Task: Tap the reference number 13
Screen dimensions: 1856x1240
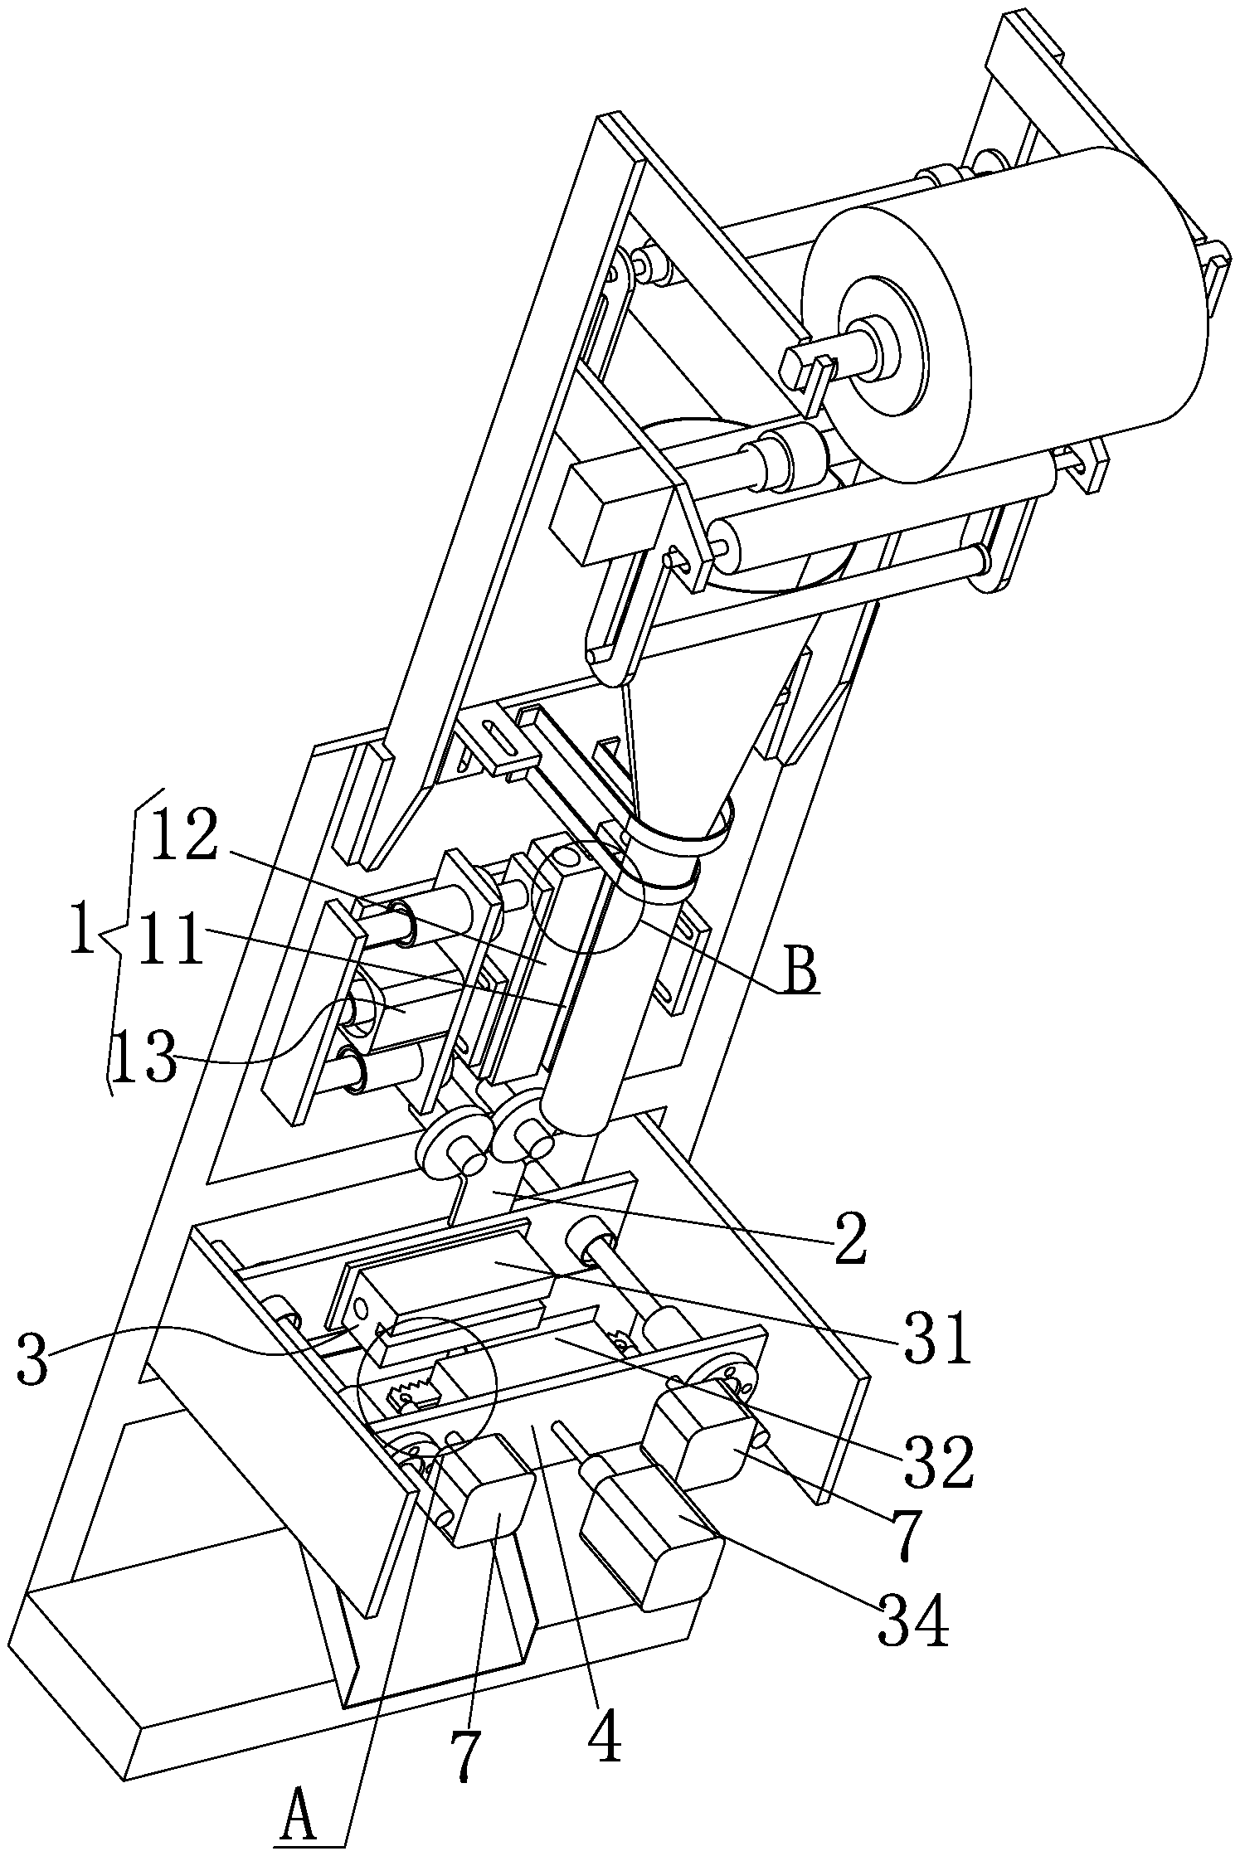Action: pyautogui.click(x=144, y=1057)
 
